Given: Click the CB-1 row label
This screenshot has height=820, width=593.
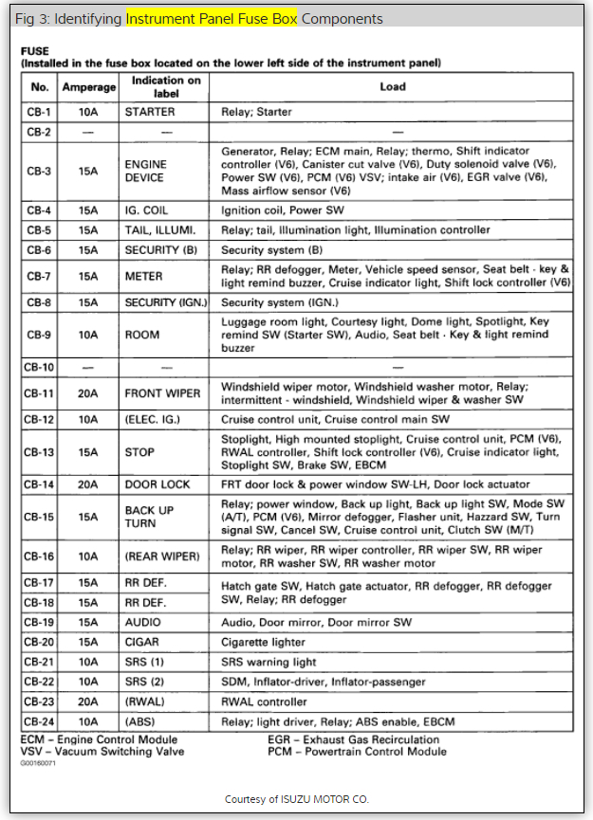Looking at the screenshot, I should [x=39, y=112].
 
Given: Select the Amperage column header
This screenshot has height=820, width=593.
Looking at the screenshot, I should [x=88, y=87].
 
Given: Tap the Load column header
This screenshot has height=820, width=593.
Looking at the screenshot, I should [x=393, y=87].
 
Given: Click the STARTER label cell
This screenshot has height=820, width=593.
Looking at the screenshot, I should [x=149, y=112].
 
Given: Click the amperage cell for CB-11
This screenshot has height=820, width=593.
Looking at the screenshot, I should [x=88, y=393].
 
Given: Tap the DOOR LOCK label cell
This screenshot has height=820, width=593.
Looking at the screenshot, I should [x=157, y=484].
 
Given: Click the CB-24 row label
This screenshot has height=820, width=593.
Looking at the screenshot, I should [x=39, y=722].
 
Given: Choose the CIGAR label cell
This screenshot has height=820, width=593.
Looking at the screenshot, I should [x=143, y=643].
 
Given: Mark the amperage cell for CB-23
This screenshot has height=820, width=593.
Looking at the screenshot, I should [x=88, y=702].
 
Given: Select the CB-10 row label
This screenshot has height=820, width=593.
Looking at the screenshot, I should [x=39, y=367].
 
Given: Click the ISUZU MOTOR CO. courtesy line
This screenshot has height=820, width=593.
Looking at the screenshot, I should [x=297, y=799].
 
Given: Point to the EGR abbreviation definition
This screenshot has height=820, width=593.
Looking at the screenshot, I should [x=353, y=739].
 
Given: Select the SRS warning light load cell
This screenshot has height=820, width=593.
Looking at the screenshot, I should [x=269, y=663].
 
